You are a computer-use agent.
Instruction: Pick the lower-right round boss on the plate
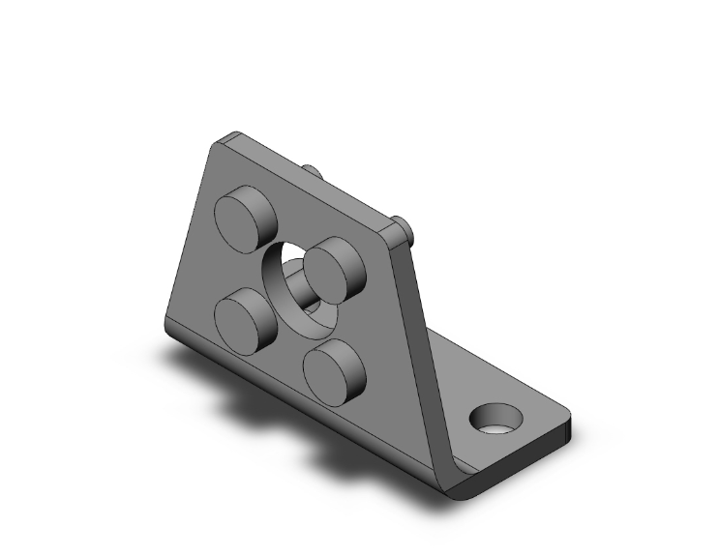point(333,367)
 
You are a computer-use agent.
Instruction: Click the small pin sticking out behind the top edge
point(312,171)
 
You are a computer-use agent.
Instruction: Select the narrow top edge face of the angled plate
point(310,184)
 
